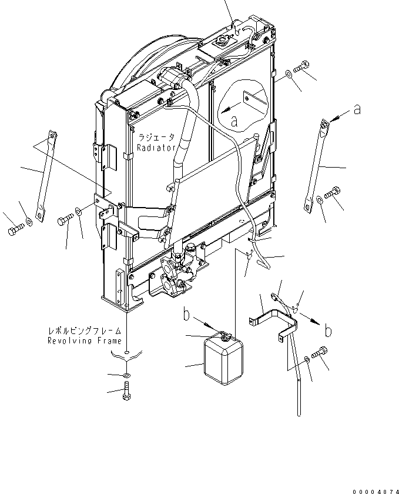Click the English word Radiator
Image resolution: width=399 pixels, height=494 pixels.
click(x=156, y=149)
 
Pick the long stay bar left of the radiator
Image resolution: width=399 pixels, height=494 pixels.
click(x=45, y=176)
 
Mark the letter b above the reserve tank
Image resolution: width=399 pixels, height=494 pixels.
click(x=186, y=315)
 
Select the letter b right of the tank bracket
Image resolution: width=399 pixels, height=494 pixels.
click(x=327, y=331)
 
